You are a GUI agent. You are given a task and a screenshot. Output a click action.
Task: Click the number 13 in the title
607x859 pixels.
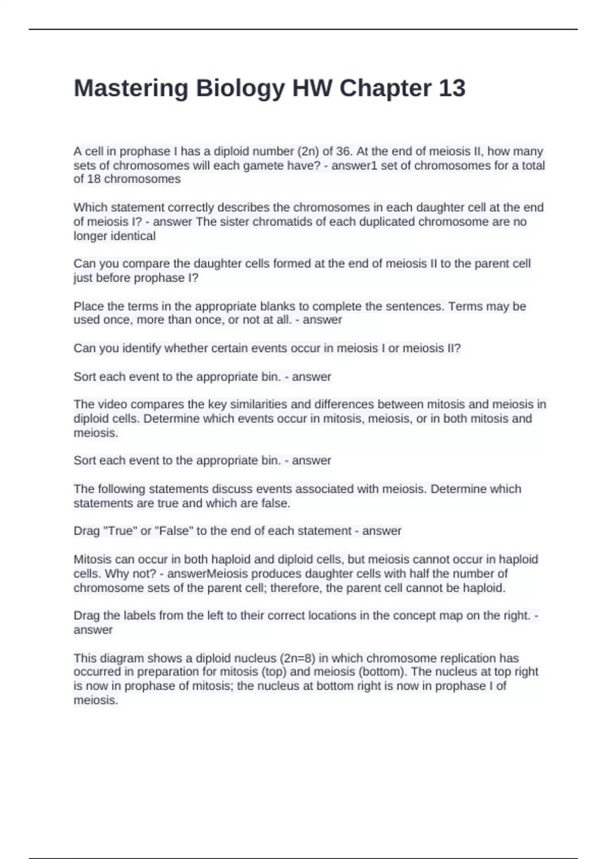click(452, 88)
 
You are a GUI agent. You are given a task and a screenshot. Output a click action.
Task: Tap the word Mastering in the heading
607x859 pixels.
click(131, 89)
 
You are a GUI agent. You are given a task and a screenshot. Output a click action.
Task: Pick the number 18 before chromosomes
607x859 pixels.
click(94, 179)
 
